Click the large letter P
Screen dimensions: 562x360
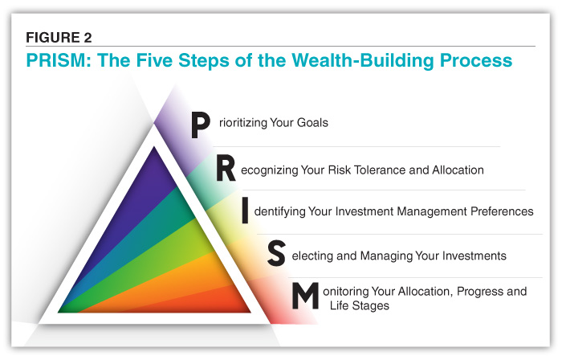(200, 125)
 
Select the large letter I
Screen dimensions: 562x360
(245, 211)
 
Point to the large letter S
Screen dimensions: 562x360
(276, 253)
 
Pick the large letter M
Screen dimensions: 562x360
(305, 296)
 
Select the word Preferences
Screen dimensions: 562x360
(502, 211)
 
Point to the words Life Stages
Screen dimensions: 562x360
(360, 305)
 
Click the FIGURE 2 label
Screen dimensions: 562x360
(59, 37)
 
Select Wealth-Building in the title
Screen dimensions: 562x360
(363, 60)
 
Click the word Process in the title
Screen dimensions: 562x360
(476, 60)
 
